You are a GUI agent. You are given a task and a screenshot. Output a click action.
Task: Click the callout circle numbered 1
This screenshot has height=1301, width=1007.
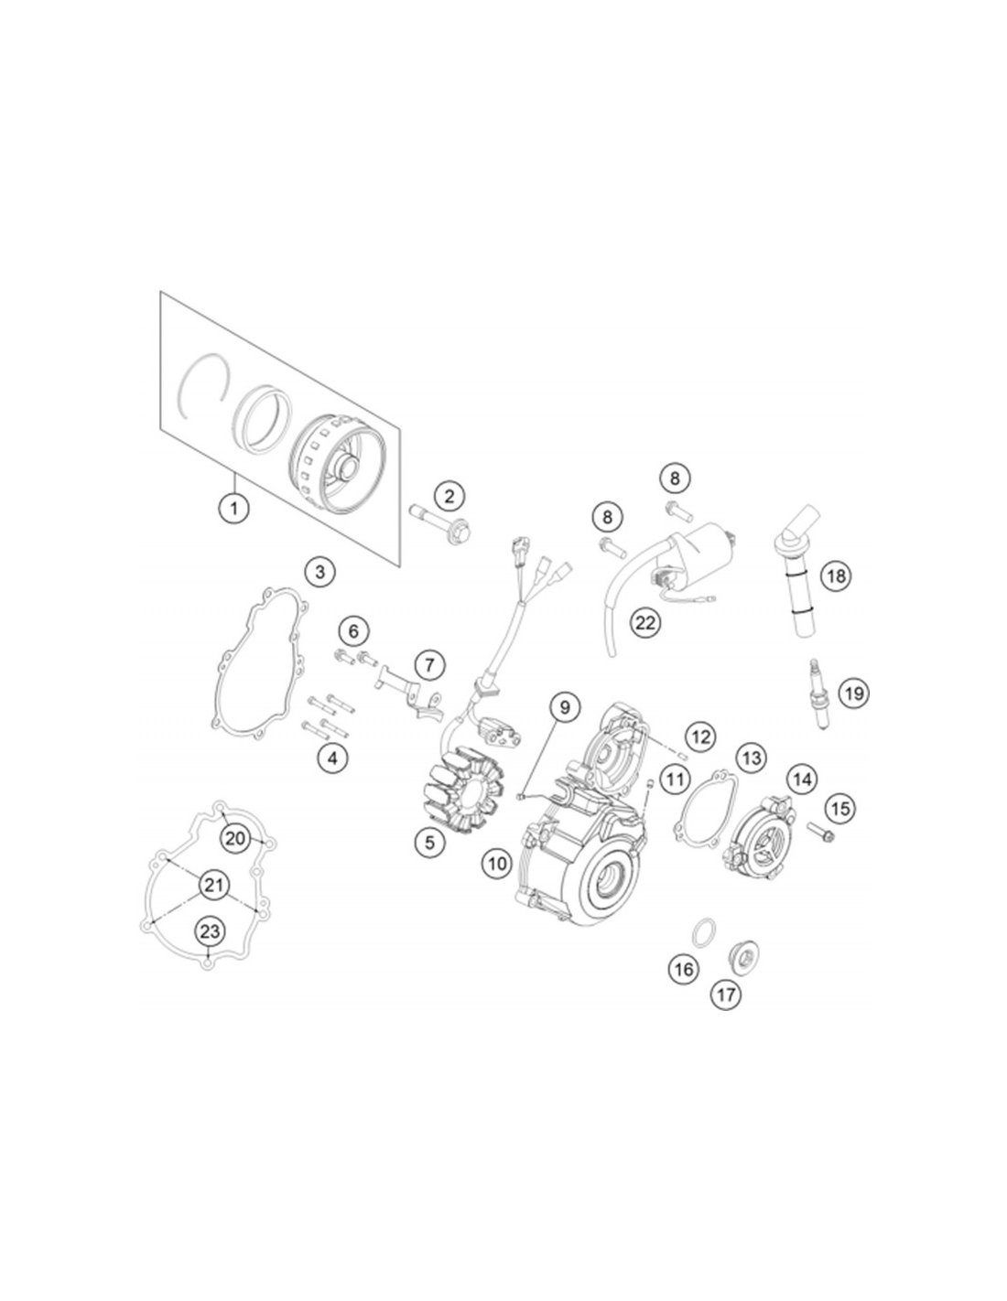point(234,509)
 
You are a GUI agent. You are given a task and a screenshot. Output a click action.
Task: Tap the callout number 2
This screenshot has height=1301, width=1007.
point(449,495)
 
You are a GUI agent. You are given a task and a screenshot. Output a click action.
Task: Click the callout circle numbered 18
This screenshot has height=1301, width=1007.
point(836,576)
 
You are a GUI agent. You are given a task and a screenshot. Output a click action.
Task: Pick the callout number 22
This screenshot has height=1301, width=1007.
point(645,623)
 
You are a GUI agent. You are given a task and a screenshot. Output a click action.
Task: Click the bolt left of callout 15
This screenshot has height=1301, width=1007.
point(820,832)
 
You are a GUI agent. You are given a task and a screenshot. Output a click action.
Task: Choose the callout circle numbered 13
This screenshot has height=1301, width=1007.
point(752,758)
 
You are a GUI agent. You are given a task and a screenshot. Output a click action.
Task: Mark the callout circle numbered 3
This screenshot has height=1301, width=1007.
point(319,571)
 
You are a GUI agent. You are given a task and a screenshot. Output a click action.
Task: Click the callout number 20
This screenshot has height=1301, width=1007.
point(235,838)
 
